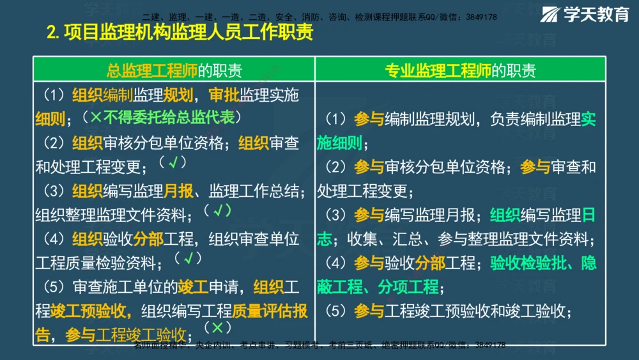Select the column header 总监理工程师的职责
click(174, 70)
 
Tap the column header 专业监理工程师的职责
click(460, 70)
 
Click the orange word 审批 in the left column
click(223, 95)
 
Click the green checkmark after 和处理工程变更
click(173, 163)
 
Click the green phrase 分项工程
click(408, 286)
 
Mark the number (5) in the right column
click(335, 311)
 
